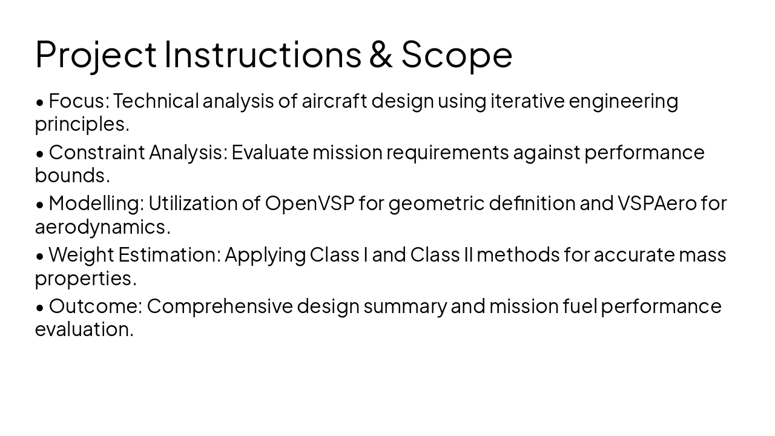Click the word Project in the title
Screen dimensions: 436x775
(96, 54)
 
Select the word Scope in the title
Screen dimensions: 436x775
(457, 54)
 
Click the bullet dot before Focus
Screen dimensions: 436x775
(40, 102)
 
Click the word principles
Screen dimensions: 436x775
(82, 124)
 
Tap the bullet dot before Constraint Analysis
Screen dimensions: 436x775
(40, 154)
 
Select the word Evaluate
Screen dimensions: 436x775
(270, 152)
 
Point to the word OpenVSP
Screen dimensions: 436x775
(309, 203)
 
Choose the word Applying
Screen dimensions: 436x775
(265, 255)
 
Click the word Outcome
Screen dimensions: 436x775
(95, 306)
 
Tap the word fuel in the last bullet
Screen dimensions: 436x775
(580, 306)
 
